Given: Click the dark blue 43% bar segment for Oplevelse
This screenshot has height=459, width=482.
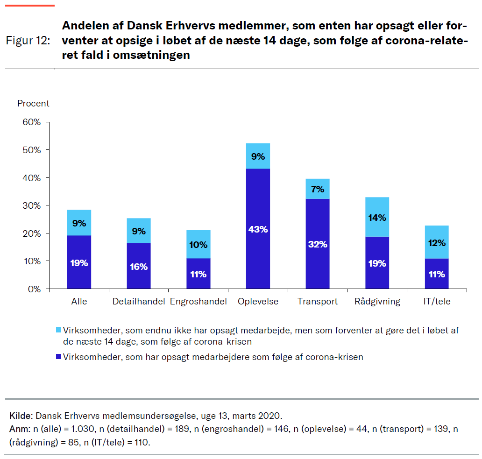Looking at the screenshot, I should click(258, 228).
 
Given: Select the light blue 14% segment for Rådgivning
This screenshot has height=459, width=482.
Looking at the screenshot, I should click(377, 217).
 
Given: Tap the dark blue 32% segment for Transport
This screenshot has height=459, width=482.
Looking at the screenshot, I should click(318, 243).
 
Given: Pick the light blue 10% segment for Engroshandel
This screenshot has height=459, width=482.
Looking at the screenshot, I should click(198, 244).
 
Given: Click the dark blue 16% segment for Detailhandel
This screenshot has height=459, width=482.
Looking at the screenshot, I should click(139, 266).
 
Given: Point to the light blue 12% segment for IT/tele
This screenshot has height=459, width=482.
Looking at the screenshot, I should click(437, 242).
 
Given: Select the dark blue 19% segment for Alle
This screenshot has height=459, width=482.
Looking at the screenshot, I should click(79, 262).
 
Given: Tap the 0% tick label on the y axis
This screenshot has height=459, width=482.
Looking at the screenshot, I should click(34, 289).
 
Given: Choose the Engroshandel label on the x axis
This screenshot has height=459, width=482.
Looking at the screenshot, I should click(198, 302).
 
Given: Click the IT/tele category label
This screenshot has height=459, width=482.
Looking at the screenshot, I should click(437, 302).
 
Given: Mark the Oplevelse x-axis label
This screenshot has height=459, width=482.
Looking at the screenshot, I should click(258, 302).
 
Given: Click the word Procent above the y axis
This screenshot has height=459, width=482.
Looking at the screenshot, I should click(33, 104).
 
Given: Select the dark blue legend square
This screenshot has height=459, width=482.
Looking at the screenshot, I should click(58, 357).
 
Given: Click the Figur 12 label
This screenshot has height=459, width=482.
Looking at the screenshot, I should click(28, 41).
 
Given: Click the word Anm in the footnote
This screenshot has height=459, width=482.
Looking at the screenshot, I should click(18, 429).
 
